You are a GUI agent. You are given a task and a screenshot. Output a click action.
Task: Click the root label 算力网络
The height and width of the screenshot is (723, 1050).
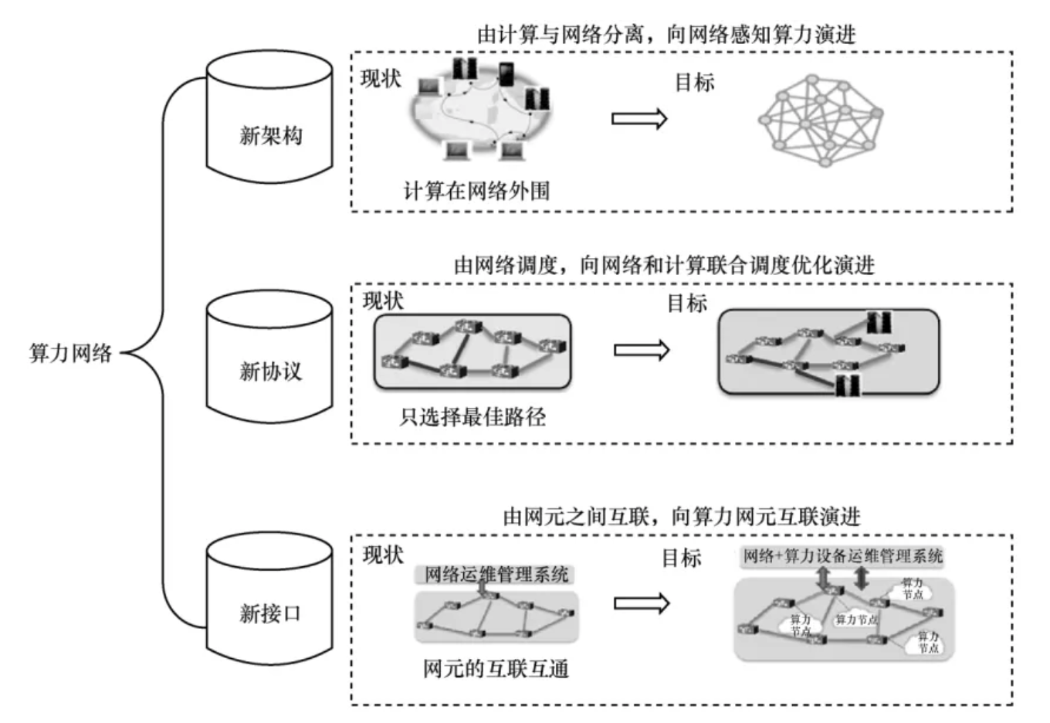pyautogui.click(x=70, y=354)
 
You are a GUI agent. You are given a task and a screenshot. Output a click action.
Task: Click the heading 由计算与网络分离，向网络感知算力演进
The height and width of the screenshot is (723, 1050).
pyautogui.click(x=666, y=35)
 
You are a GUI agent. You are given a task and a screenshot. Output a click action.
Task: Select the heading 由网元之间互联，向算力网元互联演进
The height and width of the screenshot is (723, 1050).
pyautogui.click(x=681, y=516)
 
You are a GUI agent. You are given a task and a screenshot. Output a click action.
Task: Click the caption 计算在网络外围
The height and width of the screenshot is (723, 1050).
pyautogui.click(x=476, y=190)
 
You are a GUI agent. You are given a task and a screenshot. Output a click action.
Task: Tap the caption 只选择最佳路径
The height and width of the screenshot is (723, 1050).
pyautogui.click(x=472, y=417)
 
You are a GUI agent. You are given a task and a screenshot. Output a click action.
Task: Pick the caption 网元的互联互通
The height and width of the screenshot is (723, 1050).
pyautogui.click(x=496, y=668)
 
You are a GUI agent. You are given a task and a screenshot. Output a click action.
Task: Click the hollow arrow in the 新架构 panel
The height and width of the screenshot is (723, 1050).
pyautogui.click(x=639, y=119)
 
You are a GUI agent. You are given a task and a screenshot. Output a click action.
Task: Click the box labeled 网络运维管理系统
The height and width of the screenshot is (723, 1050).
pyautogui.click(x=496, y=575)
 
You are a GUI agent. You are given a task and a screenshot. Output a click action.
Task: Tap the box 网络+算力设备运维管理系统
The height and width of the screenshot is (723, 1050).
pyautogui.click(x=842, y=556)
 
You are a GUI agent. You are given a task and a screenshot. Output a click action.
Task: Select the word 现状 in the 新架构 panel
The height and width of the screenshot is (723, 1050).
pyautogui.click(x=381, y=79)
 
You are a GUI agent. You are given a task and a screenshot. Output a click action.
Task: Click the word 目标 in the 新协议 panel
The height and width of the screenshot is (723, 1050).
pyautogui.click(x=686, y=304)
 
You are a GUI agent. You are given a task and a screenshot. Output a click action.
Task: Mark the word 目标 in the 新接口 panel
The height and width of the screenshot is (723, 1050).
pyautogui.click(x=681, y=558)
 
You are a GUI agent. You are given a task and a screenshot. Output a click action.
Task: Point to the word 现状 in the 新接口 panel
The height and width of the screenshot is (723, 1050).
pyautogui.click(x=383, y=555)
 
